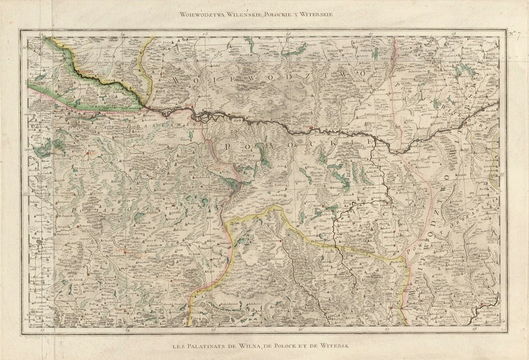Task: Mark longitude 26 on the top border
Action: (289, 34)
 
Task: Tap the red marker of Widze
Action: (88, 153)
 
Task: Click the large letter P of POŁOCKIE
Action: (228, 146)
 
